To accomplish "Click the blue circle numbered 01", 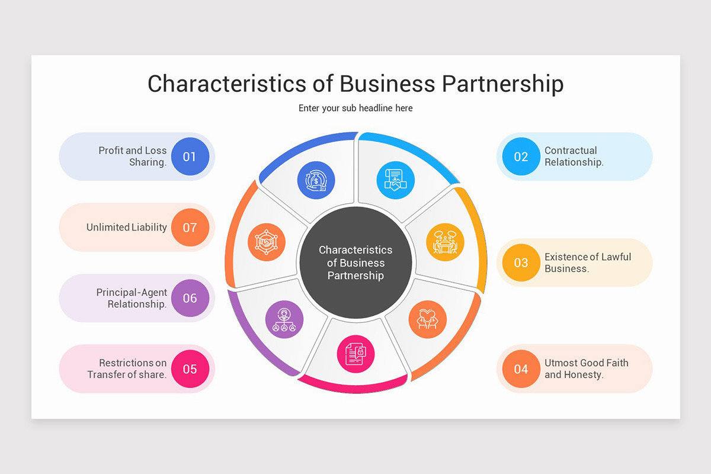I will point(190,156).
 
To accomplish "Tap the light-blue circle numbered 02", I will point(521,156).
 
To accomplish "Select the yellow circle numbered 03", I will point(521,262).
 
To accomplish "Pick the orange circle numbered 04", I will point(521,369).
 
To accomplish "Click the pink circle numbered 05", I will point(190,369).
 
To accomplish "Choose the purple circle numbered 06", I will point(190,298).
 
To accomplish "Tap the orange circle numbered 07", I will point(190,228).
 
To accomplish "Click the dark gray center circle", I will point(355,262).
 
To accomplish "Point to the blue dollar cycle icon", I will point(316,180).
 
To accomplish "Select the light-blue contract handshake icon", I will point(395,180).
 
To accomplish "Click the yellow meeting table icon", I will point(444,242).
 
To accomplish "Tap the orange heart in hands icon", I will point(427,319).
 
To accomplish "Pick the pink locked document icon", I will point(355,354).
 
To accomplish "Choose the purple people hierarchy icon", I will point(284,319).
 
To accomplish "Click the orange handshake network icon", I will point(266,242).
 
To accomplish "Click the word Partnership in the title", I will point(502,84).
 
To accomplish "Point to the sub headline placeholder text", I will point(355,108).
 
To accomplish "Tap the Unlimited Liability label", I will point(126,228).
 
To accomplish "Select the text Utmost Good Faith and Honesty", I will point(586,369).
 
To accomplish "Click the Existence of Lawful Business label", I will point(587,262).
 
